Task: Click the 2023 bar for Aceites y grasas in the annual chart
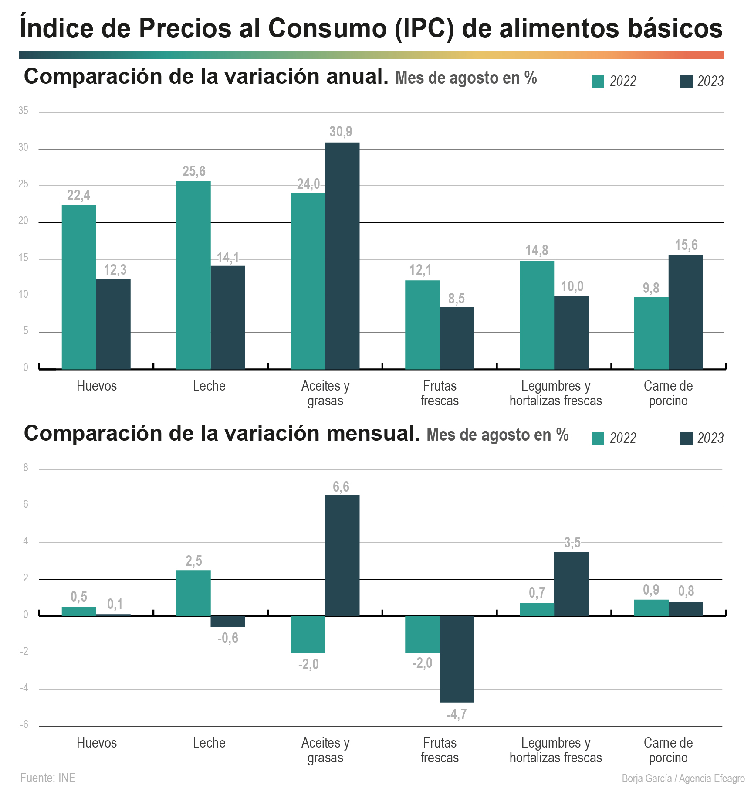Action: pos(342,256)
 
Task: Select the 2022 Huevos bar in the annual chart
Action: pos(79,287)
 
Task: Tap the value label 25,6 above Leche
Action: pos(194,172)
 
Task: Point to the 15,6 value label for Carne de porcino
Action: pos(686,245)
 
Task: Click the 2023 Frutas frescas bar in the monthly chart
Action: pos(457,659)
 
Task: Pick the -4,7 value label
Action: pos(457,714)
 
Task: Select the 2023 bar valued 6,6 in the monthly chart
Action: pos(342,555)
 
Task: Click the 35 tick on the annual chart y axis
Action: pos(23,111)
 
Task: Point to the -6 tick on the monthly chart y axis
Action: pos(24,724)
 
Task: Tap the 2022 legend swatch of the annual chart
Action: pos(598,82)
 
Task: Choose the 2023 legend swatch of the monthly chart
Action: pos(687,438)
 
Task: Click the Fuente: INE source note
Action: pos(48,778)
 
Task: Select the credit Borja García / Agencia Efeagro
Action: pos(683,778)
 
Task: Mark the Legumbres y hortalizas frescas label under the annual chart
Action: pos(556,393)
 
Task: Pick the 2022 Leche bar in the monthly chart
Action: pos(193,593)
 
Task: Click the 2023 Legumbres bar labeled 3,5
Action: pos(571,584)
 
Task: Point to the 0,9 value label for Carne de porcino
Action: pos(651,590)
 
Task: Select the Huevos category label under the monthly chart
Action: pos(97,743)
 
